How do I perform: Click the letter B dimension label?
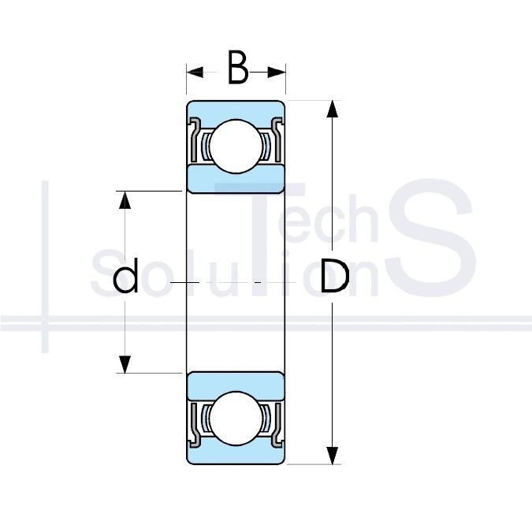tap(237, 67)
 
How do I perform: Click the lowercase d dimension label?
tap(125, 275)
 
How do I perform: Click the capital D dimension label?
tap(335, 276)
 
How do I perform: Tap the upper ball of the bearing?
tap(236, 147)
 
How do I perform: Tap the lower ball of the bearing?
tap(236, 418)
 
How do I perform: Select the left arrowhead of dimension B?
tap(195, 72)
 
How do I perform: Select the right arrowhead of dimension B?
tap(277, 72)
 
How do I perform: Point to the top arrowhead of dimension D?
tap(332, 109)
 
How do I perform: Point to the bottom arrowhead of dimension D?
tap(332, 456)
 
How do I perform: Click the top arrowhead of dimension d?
tap(125, 200)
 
